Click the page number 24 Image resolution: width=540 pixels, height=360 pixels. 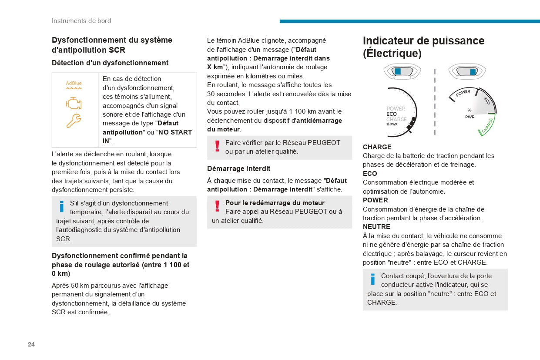pos(31,344)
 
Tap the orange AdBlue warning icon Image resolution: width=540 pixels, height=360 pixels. pos(74,84)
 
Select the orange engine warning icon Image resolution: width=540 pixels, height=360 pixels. pos(74,103)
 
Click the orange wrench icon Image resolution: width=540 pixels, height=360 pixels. pos(74,121)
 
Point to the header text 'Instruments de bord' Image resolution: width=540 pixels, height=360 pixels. pos(81,21)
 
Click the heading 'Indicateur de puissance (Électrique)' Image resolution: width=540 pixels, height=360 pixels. pos(423,47)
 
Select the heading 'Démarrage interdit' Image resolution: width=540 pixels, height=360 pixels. pos(238,168)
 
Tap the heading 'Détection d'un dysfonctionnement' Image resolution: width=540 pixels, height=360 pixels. pos(110,63)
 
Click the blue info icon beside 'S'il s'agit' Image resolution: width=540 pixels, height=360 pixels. pos(62,206)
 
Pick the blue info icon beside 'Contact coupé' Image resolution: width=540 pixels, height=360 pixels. pos(373,279)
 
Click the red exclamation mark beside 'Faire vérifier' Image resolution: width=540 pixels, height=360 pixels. pos(217,146)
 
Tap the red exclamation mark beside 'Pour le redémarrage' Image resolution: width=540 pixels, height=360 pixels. pos(217,206)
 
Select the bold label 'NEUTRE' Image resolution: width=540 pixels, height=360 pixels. pos(376,227)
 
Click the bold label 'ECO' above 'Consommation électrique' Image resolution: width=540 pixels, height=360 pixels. pos(370,173)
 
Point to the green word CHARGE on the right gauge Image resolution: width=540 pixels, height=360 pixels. pos(487,126)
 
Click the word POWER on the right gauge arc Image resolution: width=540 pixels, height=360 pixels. pos(463,93)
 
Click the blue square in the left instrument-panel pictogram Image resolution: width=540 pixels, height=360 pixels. pos(398,71)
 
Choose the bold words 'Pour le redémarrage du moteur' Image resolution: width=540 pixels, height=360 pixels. pos(275,203)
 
